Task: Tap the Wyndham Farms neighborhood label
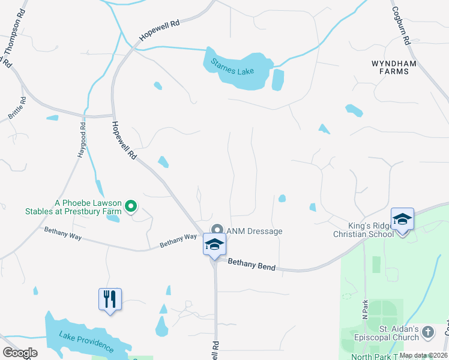[x=390, y=67]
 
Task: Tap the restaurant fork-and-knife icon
[x=110, y=298]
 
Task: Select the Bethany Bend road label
[x=251, y=264]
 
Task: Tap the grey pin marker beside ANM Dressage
[x=217, y=230]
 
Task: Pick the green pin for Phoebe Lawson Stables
[x=131, y=207]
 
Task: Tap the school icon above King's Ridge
[x=402, y=219]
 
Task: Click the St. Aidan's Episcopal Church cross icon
[x=427, y=331]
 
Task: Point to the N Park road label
[x=364, y=308]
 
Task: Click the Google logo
[x=20, y=353]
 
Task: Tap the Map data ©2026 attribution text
[x=423, y=355]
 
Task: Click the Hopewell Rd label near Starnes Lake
[x=159, y=31]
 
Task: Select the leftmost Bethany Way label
[x=62, y=235]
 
